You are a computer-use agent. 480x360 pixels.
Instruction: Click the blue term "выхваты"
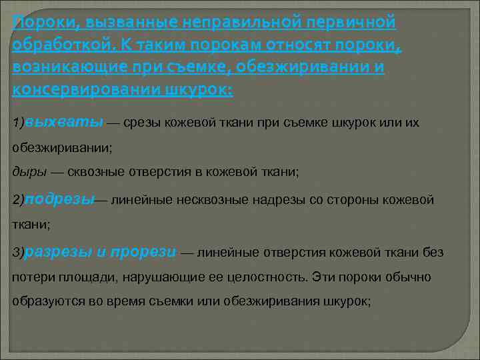coord(51,123)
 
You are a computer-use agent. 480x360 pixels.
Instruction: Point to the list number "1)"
coord(18,124)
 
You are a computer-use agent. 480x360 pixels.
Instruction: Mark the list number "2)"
coord(18,200)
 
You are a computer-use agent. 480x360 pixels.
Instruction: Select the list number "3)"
coord(18,253)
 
